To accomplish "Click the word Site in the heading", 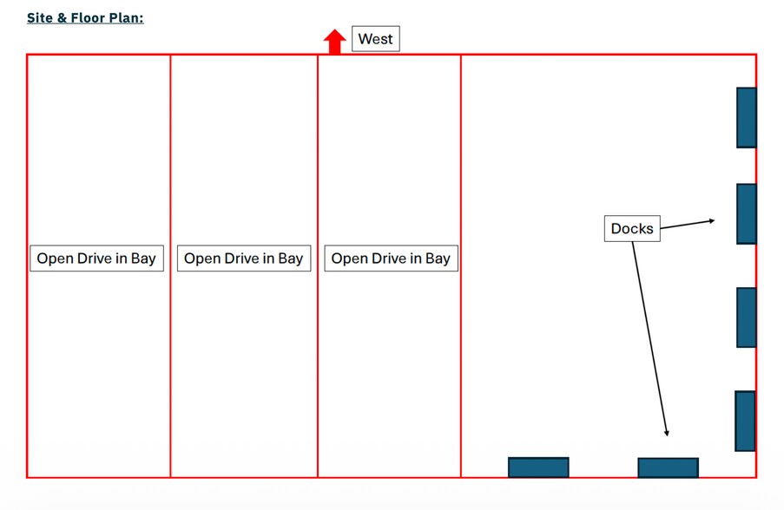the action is (39, 18).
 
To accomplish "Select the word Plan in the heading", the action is (126, 18).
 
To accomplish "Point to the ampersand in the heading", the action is (62, 18).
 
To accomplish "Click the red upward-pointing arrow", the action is (334, 42).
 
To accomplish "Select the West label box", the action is (375, 38).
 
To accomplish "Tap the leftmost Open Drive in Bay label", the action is (96, 258).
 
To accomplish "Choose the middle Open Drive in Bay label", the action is (244, 258).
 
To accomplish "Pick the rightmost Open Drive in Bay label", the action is (391, 258).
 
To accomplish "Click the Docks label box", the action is (632, 228).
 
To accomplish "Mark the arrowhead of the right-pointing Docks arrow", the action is (712, 221).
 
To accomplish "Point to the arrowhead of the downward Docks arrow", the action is (667, 433).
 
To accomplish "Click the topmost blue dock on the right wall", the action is (747, 118).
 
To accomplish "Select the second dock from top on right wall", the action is (747, 213).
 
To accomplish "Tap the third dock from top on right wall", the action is (747, 317).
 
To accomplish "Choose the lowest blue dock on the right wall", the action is (745, 421).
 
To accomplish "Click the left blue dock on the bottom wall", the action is (538, 467).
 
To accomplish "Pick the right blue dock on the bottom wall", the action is (668, 468).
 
